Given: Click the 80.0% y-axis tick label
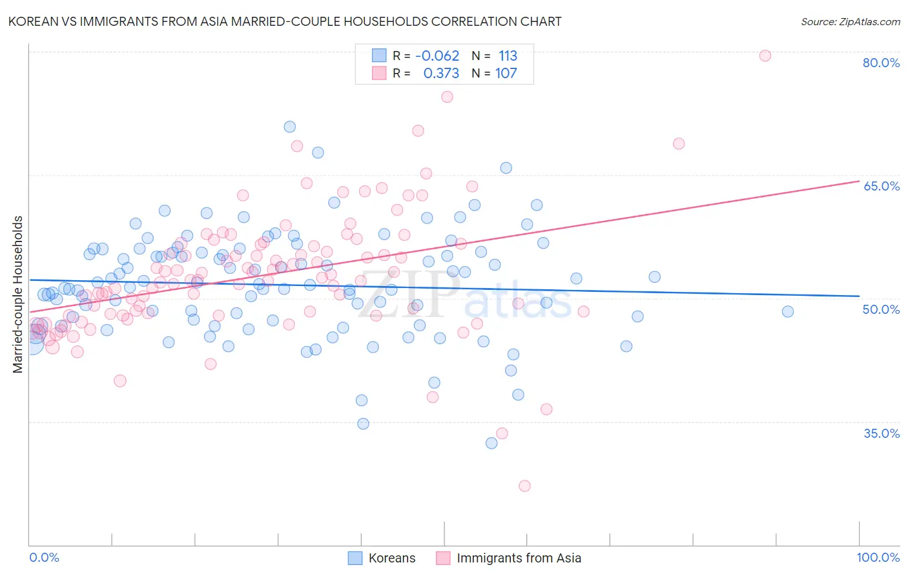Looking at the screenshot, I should [881, 63].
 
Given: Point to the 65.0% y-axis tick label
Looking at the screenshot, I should [881, 186].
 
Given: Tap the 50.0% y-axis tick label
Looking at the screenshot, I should [881, 309].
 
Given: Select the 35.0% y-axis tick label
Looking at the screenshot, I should [881, 433].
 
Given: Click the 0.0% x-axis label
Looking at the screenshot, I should [44, 557].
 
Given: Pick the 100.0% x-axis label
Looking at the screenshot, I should [878, 557].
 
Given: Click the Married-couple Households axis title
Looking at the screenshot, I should [18, 294].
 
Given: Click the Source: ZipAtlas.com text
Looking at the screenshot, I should [850, 21].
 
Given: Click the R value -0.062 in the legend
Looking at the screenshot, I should [437, 56].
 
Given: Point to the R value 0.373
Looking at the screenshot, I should [441, 73].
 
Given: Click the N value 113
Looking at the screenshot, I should [508, 56].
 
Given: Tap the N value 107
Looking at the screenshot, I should [506, 73].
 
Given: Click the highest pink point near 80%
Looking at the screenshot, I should [765, 56].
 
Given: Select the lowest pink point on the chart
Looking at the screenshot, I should [524, 486].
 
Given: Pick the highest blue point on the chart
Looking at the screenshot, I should [290, 127].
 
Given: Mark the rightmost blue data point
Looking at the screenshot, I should [787, 311].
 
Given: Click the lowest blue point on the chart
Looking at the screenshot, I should [491, 443].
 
